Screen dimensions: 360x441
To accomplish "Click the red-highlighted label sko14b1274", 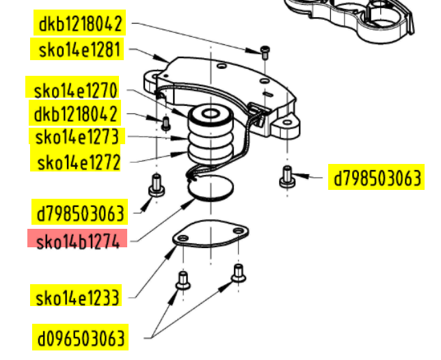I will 77,240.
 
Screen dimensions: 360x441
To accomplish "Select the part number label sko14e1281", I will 77,50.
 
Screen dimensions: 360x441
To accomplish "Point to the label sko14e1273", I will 77,137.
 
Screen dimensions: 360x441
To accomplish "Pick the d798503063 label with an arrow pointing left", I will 377,178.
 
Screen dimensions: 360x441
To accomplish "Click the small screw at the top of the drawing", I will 265,52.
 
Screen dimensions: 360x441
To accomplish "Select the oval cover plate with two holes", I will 210,238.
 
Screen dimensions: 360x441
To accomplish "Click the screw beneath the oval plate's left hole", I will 183,279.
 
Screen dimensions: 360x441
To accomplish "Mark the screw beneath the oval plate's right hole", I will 238,273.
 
